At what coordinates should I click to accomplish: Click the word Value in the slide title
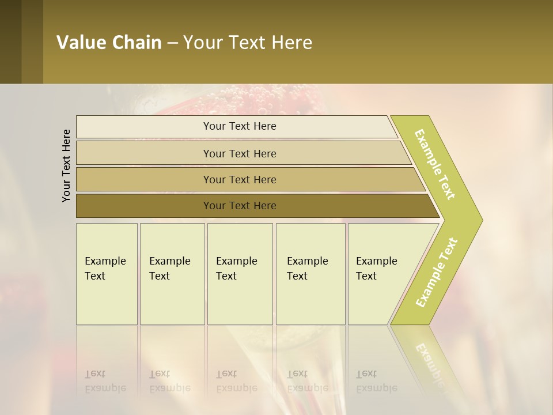(81, 43)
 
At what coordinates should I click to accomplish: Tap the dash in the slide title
(172, 43)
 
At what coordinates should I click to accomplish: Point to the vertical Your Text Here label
(66, 165)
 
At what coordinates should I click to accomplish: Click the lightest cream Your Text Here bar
(239, 126)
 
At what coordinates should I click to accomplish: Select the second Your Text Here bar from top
(239, 153)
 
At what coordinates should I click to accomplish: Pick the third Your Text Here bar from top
(239, 179)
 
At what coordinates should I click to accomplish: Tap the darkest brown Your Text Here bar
(239, 206)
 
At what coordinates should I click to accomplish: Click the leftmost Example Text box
(107, 274)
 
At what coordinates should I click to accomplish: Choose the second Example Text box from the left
(172, 274)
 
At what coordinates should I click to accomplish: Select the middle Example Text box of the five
(240, 274)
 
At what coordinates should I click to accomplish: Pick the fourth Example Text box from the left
(310, 274)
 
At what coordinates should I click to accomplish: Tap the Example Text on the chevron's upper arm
(435, 164)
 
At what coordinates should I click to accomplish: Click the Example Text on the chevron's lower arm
(437, 272)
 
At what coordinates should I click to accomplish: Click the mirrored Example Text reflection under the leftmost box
(105, 381)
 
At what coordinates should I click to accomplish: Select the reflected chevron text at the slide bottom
(429, 360)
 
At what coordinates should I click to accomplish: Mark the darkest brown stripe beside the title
(10, 41)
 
